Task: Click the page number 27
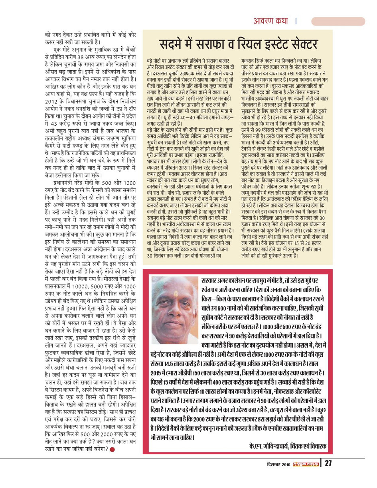pyautogui.click(x=328, y=463)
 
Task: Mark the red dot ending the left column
pyautogui.click(x=113, y=450)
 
